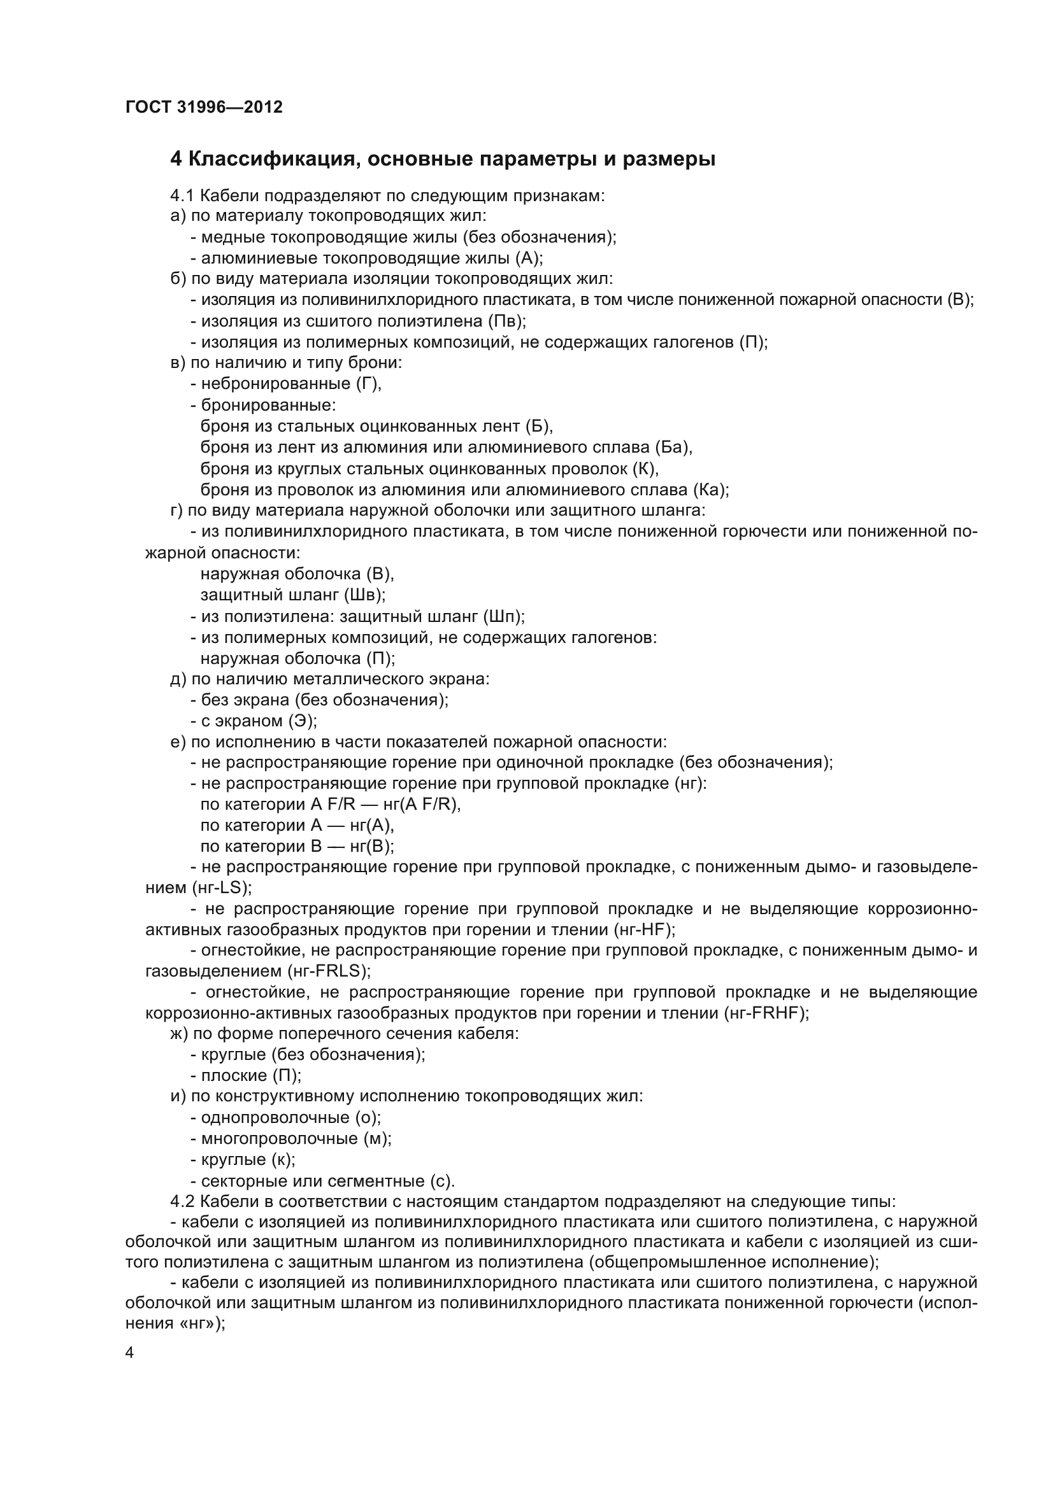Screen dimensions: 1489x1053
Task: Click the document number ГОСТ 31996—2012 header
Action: point(204,107)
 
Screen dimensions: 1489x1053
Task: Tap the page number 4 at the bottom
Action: point(130,1353)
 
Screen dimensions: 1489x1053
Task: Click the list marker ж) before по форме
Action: point(179,1034)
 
